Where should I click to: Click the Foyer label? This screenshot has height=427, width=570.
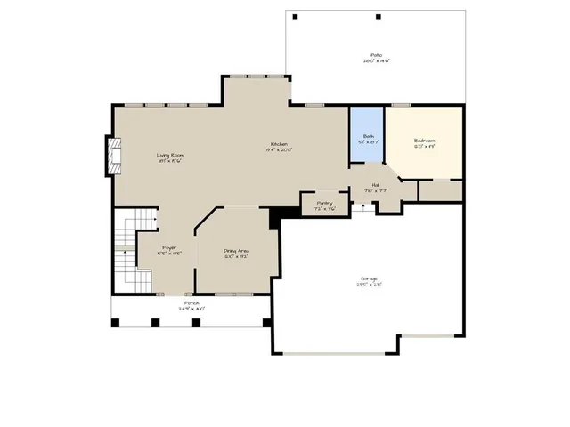pos(169,250)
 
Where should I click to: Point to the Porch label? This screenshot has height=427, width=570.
pos(191,305)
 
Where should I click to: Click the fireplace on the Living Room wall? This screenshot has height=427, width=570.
pos(111,157)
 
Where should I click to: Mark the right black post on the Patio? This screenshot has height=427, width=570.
pos(379,17)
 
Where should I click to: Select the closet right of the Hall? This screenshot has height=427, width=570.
pos(440,190)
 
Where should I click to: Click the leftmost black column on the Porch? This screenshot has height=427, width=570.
pos(115,322)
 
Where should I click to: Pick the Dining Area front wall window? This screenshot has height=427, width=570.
pos(236,294)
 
